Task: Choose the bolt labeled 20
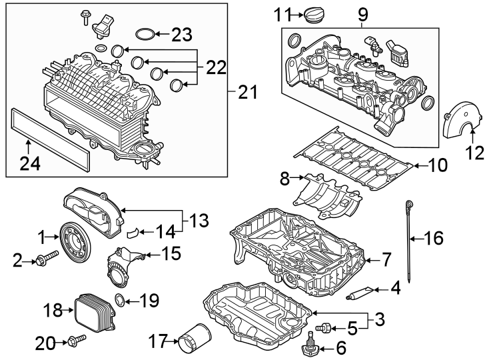pyautogui.click(x=75, y=341)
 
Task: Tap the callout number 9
pyautogui.click(x=362, y=13)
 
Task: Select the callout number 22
pyautogui.click(x=215, y=67)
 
